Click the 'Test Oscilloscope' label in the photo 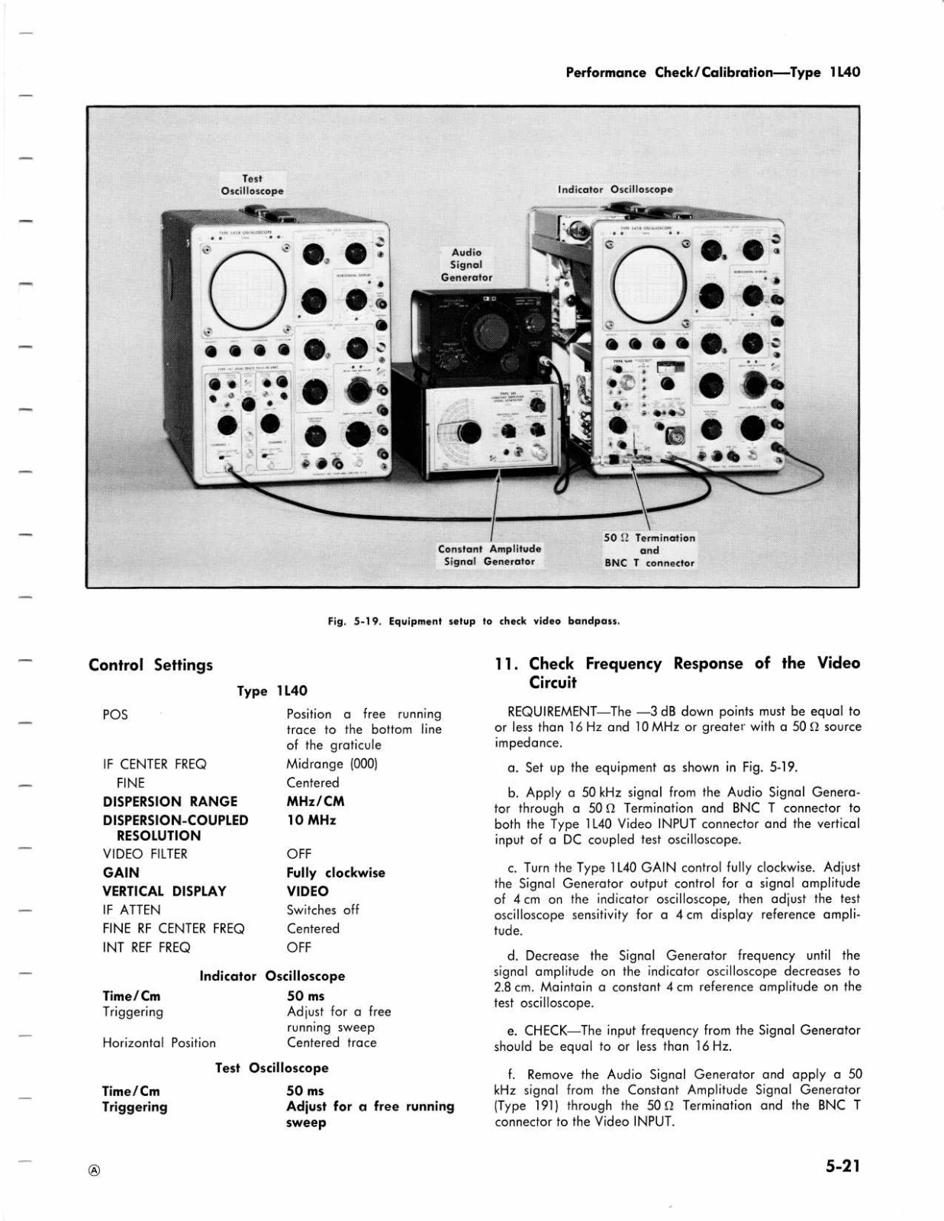tap(252, 185)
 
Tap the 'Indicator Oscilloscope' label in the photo tap(615, 189)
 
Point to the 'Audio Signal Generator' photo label tap(466, 265)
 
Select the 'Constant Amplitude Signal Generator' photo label tap(489, 555)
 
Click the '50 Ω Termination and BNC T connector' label tap(649, 550)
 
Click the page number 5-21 tap(842, 1166)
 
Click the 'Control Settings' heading tap(150, 665)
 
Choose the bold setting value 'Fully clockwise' tap(336, 872)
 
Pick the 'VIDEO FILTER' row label tap(145, 854)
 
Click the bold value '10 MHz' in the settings tap(311, 820)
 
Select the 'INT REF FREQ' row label tap(146, 947)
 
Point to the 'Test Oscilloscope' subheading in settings tap(272, 1068)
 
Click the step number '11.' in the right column tap(507, 664)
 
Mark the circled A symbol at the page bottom tap(94, 1171)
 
